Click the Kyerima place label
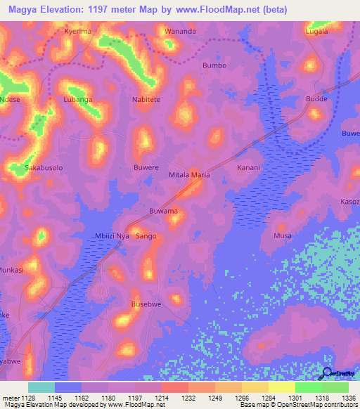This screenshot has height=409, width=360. click(x=78, y=32)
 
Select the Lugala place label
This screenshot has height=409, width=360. click(x=318, y=32)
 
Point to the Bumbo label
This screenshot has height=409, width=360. click(x=214, y=65)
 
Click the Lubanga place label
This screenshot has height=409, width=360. click(x=78, y=100)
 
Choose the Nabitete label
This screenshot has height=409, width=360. click(x=146, y=100)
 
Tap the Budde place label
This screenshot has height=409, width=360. click(x=316, y=100)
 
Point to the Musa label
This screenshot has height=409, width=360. click(x=282, y=236)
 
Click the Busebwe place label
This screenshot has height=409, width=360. click(x=146, y=304)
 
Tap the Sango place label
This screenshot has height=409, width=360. click(x=146, y=236)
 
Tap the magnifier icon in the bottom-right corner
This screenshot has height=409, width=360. click(x=327, y=374)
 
